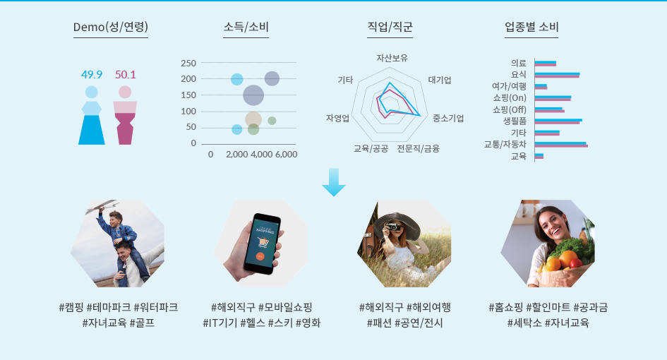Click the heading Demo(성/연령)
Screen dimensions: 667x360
[111, 27]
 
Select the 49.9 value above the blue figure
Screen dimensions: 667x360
[92, 75]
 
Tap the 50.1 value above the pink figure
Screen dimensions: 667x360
[126, 75]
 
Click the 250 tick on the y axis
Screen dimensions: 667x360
[188, 64]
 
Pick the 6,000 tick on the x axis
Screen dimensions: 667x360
[286, 155]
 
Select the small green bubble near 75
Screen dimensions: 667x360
[272, 121]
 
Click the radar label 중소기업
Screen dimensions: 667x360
[448, 119]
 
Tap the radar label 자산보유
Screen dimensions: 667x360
[392, 59]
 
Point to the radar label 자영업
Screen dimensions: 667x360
[338, 119]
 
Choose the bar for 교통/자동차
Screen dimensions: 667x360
[561, 145]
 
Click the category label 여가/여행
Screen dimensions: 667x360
[509, 86]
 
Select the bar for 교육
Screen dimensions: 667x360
[539, 156]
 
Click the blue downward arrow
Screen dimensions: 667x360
[334, 182]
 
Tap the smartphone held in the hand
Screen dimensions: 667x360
[262, 244]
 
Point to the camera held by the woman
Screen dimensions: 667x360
[393, 227]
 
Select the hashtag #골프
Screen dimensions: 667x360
[142, 323]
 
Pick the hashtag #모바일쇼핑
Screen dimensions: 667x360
[285, 307]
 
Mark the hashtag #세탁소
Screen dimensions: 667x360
[524, 323]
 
